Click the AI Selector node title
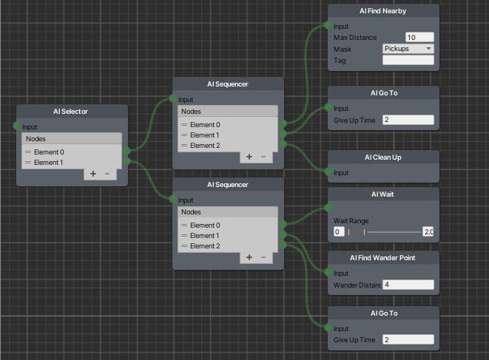[x=70, y=112]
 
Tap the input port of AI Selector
[x=17, y=126]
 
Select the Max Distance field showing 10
[x=419, y=38]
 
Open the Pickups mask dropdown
[x=408, y=49]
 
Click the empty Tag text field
[x=408, y=60]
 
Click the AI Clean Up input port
[x=328, y=171]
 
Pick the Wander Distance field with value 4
[x=408, y=285]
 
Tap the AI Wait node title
[x=382, y=194]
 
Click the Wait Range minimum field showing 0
[x=339, y=232]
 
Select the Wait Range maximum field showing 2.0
[x=428, y=232]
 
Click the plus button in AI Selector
[x=93, y=174]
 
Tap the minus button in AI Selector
[x=107, y=174]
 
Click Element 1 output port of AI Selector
[x=127, y=161]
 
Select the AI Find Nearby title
[x=382, y=11]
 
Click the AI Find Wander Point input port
[x=328, y=272]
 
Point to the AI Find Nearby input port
[x=328, y=25]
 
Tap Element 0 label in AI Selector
[x=49, y=152]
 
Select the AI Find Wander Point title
[x=382, y=258]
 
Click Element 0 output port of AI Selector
[x=127, y=151]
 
